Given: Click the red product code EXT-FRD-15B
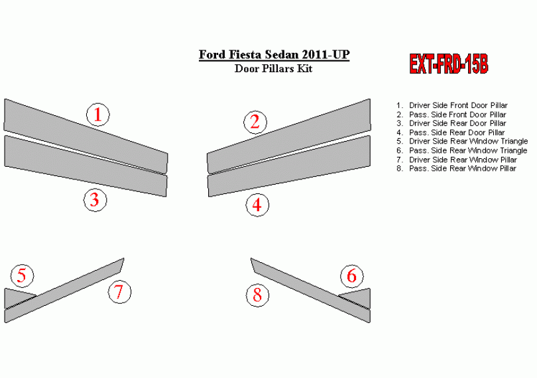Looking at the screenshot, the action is pyautogui.click(x=449, y=64).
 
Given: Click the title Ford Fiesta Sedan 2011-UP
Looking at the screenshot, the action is pyautogui.click(x=274, y=55).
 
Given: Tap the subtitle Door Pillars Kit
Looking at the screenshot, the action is pyautogui.click(x=273, y=68).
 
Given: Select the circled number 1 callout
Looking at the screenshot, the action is pyautogui.click(x=98, y=115).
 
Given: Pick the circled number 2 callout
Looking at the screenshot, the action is pyautogui.click(x=255, y=122).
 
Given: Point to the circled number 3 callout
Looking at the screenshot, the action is pyautogui.click(x=95, y=200).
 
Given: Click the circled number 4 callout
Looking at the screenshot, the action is pyautogui.click(x=257, y=205).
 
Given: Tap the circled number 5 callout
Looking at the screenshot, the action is pyautogui.click(x=23, y=275).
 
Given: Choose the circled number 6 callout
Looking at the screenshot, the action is pyautogui.click(x=352, y=276).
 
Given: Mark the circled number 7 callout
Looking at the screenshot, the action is pyautogui.click(x=119, y=292).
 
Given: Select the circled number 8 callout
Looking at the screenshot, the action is pyautogui.click(x=257, y=295).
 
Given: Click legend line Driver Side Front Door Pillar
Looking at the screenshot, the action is pyautogui.click(x=452, y=105).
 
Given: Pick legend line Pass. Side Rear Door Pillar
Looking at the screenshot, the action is pyautogui.click(x=451, y=132).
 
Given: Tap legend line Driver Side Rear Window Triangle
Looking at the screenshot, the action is pyautogui.click(x=462, y=141).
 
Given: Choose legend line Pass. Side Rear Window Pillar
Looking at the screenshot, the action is pyautogui.click(x=456, y=168).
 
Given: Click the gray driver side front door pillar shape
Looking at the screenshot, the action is pyautogui.click(x=86, y=137).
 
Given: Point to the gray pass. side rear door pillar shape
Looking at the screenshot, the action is pyautogui.click(x=290, y=167).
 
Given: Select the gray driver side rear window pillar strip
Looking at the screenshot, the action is pyautogui.click(x=64, y=291).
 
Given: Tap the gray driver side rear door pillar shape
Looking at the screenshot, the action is pyautogui.click(x=86, y=167).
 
